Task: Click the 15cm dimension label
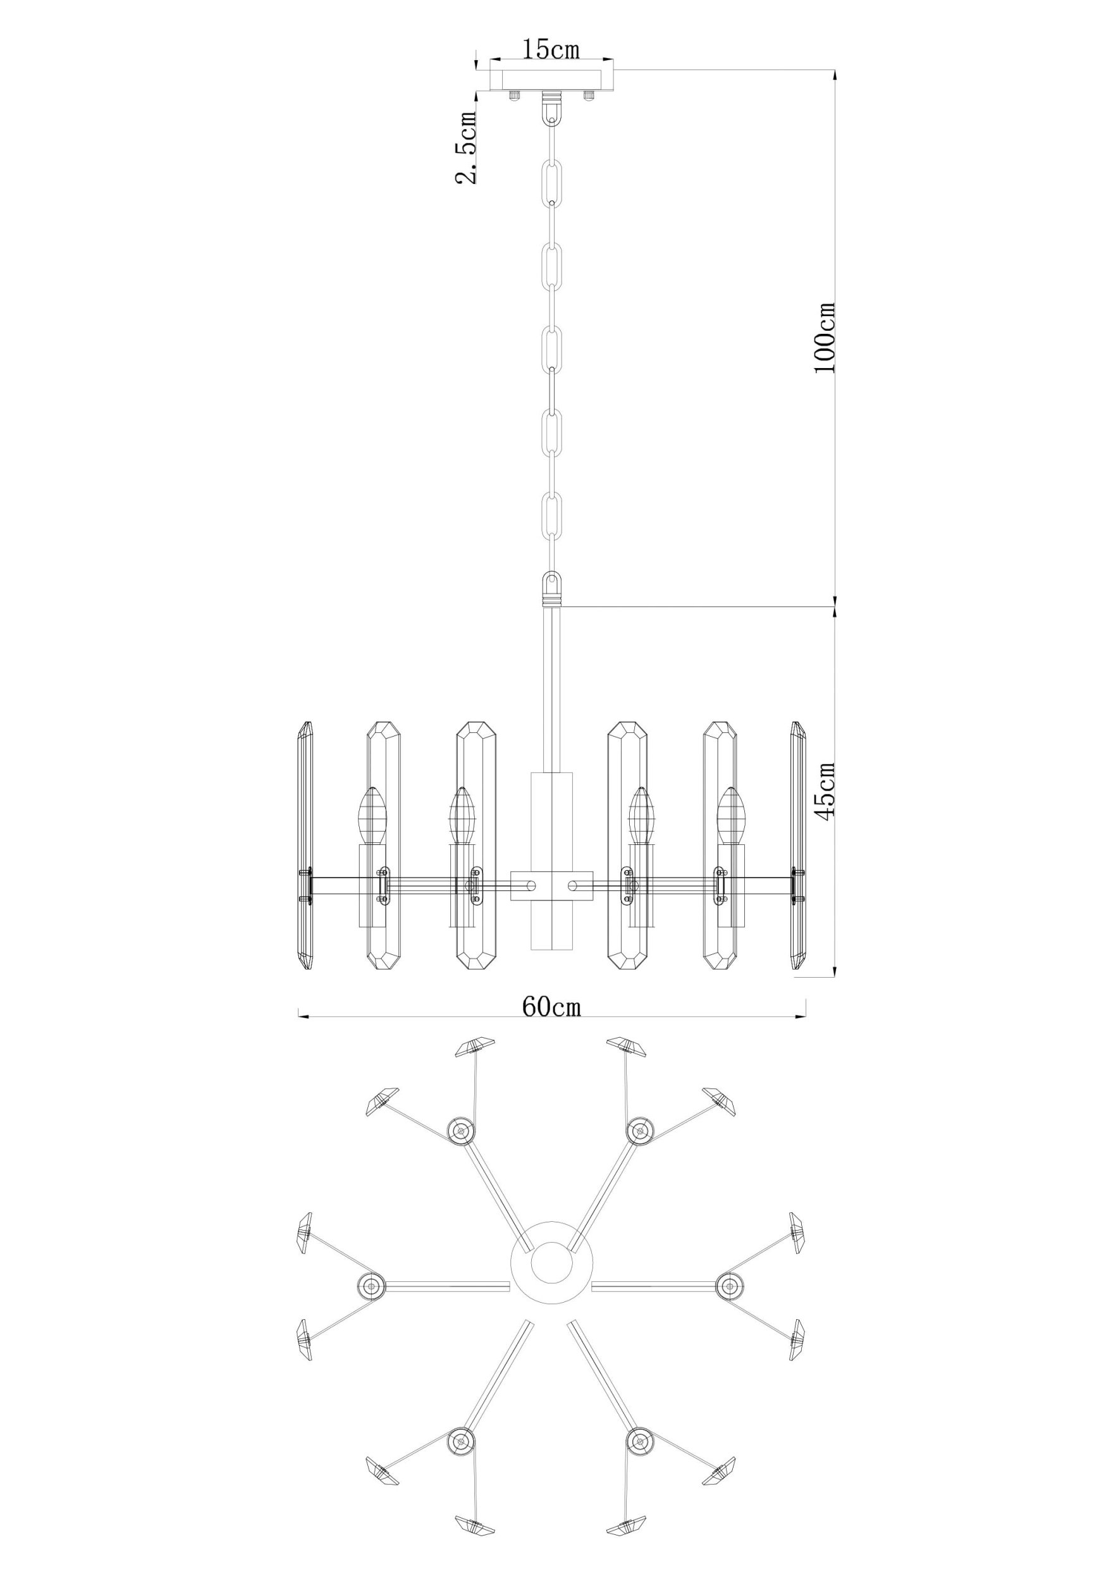pyautogui.click(x=550, y=49)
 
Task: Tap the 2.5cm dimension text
pyautogui.click(x=467, y=147)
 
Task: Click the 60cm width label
pyautogui.click(x=551, y=1007)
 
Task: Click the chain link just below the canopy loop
pyautogui.click(x=552, y=180)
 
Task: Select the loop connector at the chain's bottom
pyautogui.click(x=552, y=588)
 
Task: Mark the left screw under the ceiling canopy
pyautogui.click(x=513, y=95)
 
